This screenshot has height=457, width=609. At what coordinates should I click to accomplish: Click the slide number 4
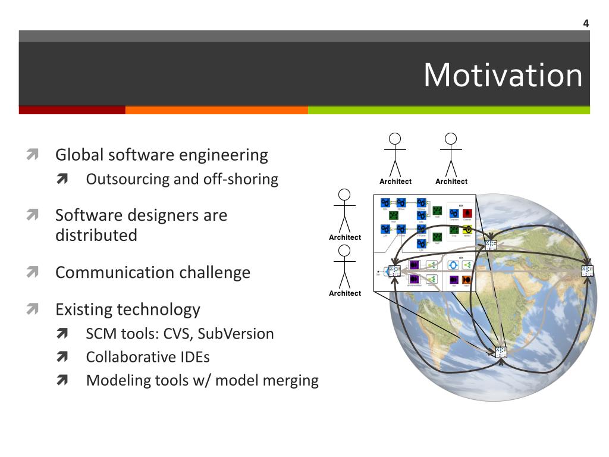click(586, 24)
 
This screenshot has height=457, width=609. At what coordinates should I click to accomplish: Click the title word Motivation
click(503, 76)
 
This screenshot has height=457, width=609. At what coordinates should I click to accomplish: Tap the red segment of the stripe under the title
click(72, 110)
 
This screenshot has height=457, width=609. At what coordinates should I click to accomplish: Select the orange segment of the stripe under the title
click(216, 110)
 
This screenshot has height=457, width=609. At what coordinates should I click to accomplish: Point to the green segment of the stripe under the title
click(449, 110)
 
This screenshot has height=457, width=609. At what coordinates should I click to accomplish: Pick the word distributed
click(96, 236)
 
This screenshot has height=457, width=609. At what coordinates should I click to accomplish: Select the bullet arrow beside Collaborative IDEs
click(62, 357)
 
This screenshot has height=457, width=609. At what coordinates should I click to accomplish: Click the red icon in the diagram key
click(467, 213)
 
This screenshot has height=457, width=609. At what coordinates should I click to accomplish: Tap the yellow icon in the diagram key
click(467, 229)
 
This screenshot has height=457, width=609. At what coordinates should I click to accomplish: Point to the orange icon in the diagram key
click(467, 279)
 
